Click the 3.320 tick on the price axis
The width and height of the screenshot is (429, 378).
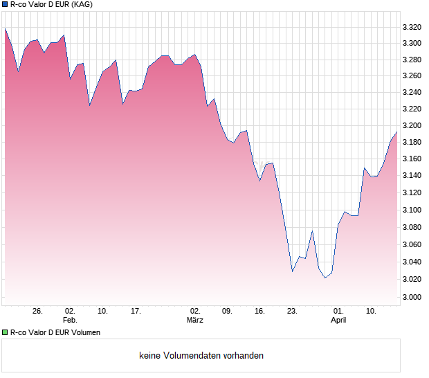[412, 27]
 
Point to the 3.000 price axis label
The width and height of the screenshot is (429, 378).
[412, 297]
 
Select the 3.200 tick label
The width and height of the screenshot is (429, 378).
[412, 126]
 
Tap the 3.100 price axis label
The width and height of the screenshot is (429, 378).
[412, 210]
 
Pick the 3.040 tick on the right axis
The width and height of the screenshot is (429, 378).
[412, 262]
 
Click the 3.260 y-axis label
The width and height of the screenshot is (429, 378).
[412, 76]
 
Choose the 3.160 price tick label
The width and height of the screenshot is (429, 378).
[412, 159]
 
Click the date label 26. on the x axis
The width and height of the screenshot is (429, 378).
[37, 311]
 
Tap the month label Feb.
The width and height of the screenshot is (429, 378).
[70, 320]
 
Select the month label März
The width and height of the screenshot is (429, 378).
[195, 320]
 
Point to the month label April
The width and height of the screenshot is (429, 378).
[338, 320]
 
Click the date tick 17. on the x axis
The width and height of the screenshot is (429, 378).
[136, 311]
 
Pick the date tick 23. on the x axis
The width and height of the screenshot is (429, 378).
[292, 311]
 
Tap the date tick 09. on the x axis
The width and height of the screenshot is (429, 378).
[227, 311]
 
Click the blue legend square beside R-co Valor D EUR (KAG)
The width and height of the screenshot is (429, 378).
[5, 4]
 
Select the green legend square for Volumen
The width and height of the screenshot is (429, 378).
[5, 332]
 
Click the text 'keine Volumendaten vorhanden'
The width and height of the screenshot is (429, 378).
[201, 356]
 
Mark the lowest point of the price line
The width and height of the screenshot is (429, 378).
[325, 278]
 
